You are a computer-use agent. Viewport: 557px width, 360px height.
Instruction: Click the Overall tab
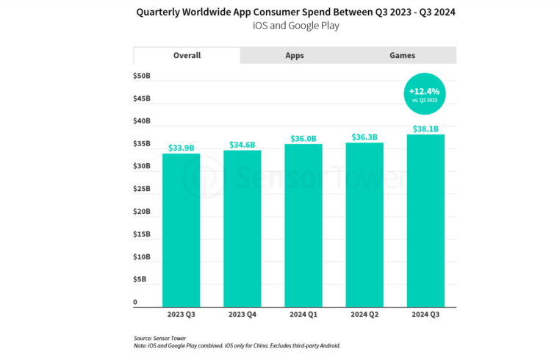click(x=187, y=56)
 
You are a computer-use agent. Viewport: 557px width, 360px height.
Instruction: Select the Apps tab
click(x=294, y=56)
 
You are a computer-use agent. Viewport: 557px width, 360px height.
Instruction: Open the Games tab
click(x=402, y=56)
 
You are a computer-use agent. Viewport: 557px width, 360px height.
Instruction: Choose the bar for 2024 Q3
click(x=425, y=220)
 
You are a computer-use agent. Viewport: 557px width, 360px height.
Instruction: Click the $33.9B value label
click(x=182, y=148)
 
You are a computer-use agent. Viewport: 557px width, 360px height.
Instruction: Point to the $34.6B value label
click(x=242, y=145)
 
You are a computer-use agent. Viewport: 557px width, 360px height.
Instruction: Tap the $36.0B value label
click(x=303, y=138)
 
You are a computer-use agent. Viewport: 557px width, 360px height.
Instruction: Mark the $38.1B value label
click(x=425, y=129)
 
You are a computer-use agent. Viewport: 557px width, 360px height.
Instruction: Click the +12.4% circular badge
click(x=424, y=93)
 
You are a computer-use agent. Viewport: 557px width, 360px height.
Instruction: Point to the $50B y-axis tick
click(x=142, y=76)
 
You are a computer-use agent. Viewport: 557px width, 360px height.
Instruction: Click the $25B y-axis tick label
click(x=142, y=190)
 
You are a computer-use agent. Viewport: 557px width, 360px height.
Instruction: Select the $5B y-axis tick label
click(x=140, y=280)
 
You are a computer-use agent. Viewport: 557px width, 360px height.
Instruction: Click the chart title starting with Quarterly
click(x=278, y=12)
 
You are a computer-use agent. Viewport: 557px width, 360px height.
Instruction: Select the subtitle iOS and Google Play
click(x=278, y=26)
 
